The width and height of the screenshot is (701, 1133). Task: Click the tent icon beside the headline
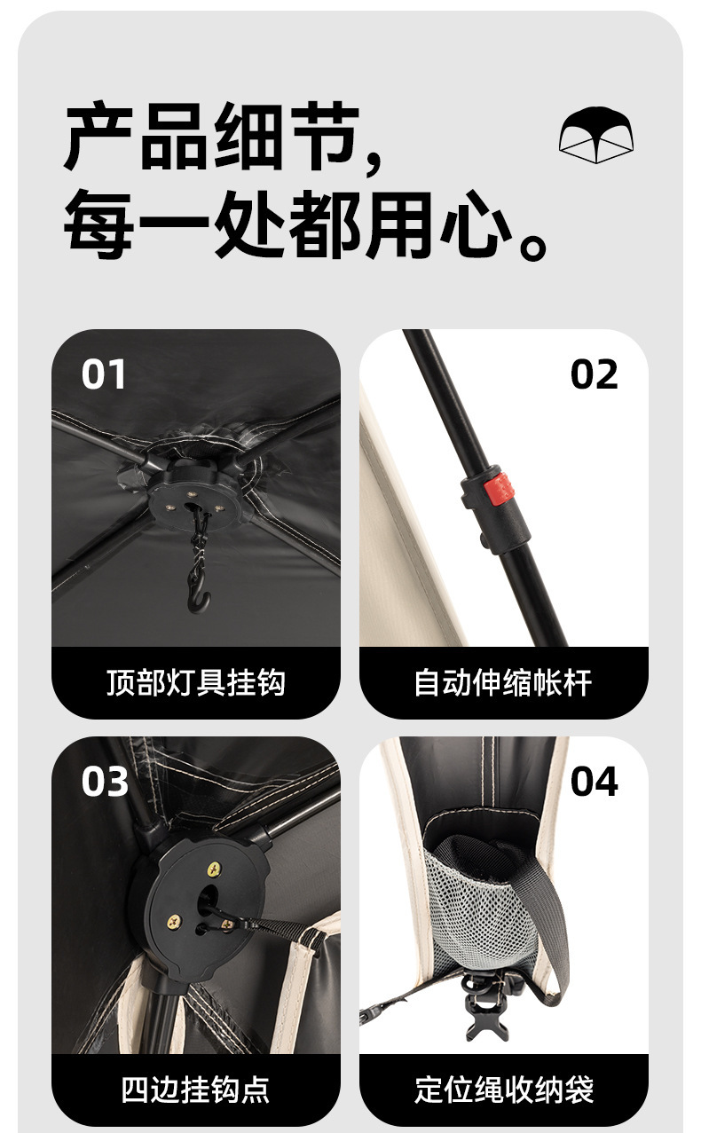(596, 135)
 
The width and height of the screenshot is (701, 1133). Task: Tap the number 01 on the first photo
(104, 374)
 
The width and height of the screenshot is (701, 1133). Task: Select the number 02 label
(594, 374)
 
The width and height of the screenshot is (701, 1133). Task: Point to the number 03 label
(105, 782)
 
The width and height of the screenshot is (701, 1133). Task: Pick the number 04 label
(594, 782)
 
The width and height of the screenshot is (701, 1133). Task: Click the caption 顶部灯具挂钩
(195, 683)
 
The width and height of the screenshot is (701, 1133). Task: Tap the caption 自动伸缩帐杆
(503, 683)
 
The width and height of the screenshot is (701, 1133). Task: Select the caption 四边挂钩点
(195, 1090)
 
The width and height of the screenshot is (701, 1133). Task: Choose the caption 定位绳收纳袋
(503, 1090)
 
